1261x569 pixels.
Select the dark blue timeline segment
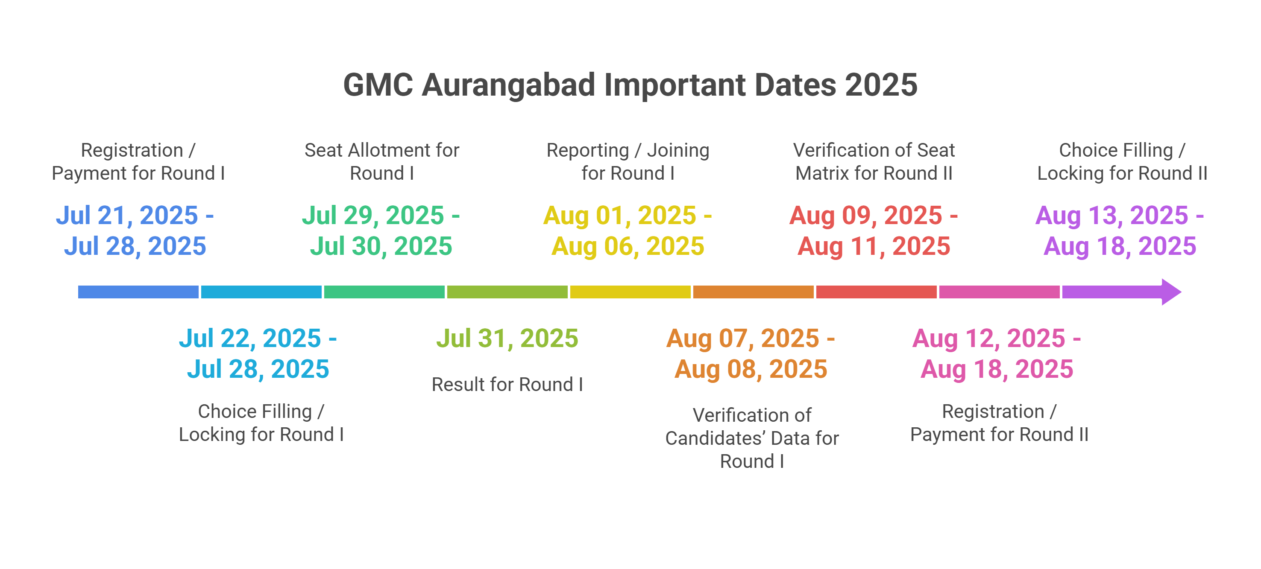click(x=138, y=292)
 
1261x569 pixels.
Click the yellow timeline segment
click(x=630, y=292)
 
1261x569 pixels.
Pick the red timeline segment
click(x=876, y=292)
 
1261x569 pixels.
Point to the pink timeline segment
click(x=999, y=292)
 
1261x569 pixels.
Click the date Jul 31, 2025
click(x=507, y=338)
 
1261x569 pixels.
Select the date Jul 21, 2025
click(x=127, y=215)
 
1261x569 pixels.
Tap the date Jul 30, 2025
click(x=381, y=246)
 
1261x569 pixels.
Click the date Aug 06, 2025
click(x=628, y=246)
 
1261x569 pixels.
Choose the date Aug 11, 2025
click(x=874, y=246)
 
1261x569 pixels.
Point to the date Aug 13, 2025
click(x=1111, y=215)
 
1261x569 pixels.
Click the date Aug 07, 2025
click(x=742, y=338)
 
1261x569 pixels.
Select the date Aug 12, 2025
click(x=989, y=338)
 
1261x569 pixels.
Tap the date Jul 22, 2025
click(x=249, y=338)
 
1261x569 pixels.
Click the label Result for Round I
click(x=507, y=385)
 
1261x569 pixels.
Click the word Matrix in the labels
click(x=824, y=173)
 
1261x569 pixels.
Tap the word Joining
click(x=678, y=150)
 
